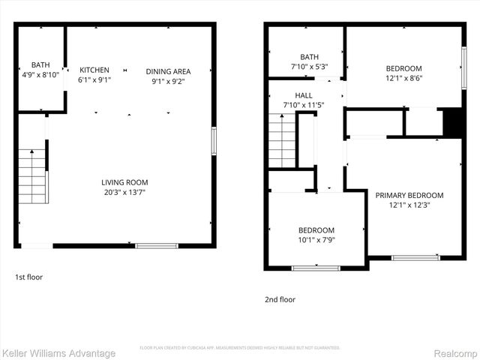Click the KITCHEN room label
94,70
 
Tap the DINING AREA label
168,71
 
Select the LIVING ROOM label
125,182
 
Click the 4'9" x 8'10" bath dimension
40,75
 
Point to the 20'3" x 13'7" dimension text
125,192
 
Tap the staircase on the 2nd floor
283,142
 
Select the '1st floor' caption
29,277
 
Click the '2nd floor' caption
280,299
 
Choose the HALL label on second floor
304,95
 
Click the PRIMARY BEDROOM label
409,195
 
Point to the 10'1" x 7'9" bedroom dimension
316,240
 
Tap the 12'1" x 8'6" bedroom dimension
403,78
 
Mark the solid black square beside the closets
452,123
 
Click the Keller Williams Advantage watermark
58,353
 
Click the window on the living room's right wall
214,140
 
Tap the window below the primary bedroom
416,258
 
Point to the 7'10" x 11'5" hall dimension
304,105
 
